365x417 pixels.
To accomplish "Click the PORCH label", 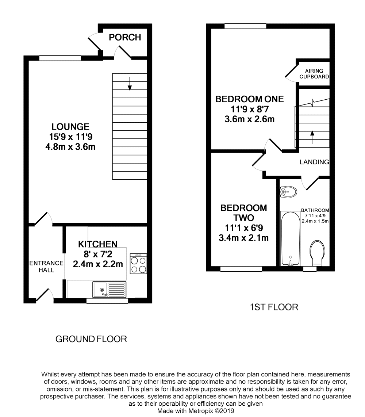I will point(125,37).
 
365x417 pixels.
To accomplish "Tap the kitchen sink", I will point(109,289).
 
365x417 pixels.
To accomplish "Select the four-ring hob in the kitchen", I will point(138,264).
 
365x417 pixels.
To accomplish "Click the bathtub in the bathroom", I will point(290,238).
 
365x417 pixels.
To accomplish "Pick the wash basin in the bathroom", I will point(288,191).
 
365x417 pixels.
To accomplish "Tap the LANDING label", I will point(314,162).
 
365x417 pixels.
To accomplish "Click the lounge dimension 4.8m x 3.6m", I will point(70,147).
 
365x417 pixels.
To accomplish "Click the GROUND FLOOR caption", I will point(91,339).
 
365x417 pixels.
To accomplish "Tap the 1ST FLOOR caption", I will point(274,307).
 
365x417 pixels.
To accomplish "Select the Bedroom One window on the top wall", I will point(245,26).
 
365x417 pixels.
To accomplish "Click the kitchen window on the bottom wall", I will point(107,301).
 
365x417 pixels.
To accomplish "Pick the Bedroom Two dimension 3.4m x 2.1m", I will point(244,238).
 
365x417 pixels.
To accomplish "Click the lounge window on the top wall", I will point(60,58).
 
